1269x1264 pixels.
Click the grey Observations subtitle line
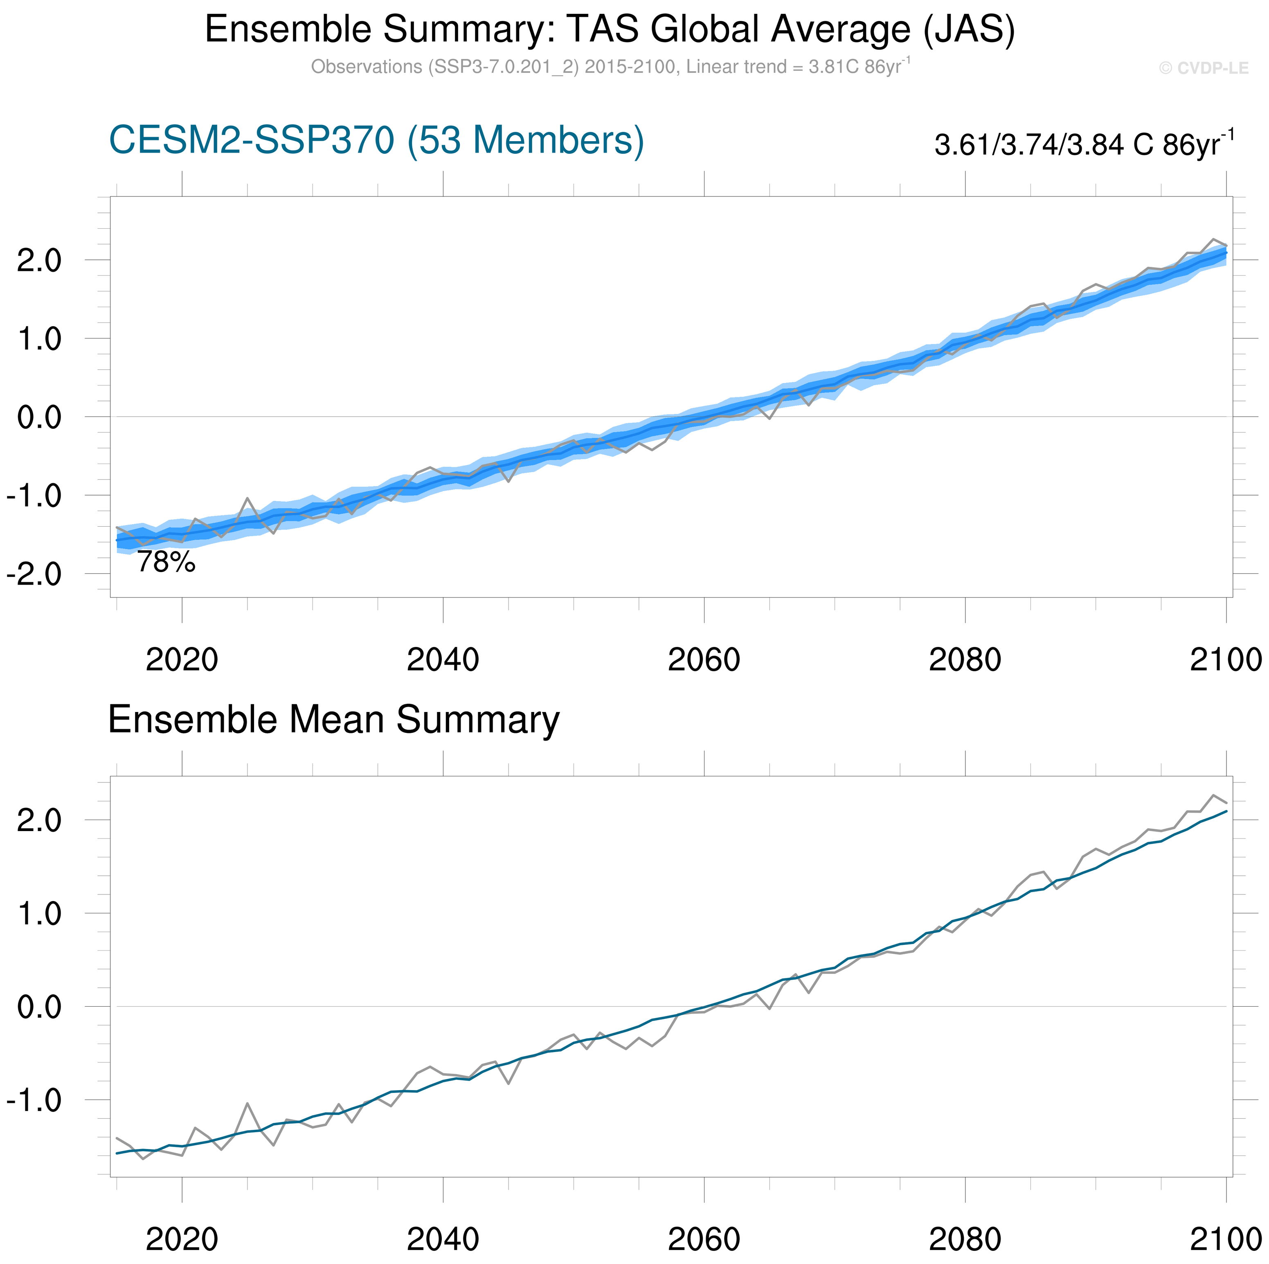[610, 67]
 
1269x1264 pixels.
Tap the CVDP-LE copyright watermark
[1203, 68]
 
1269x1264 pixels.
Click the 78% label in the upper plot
[166, 562]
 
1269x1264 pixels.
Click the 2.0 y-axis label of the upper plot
[39, 261]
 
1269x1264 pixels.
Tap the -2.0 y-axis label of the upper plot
[34, 575]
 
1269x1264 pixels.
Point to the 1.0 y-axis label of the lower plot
[39, 914]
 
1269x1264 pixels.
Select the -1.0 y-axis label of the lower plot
[34, 1100]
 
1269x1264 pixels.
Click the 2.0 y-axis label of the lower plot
[39, 820]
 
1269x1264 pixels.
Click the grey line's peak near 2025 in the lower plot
[247, 1104]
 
